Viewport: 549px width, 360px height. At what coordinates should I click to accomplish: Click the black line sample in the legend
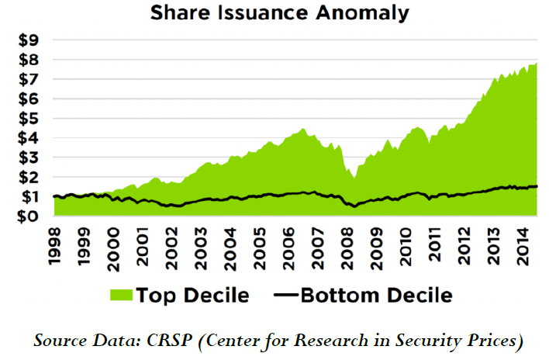point(287,296)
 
